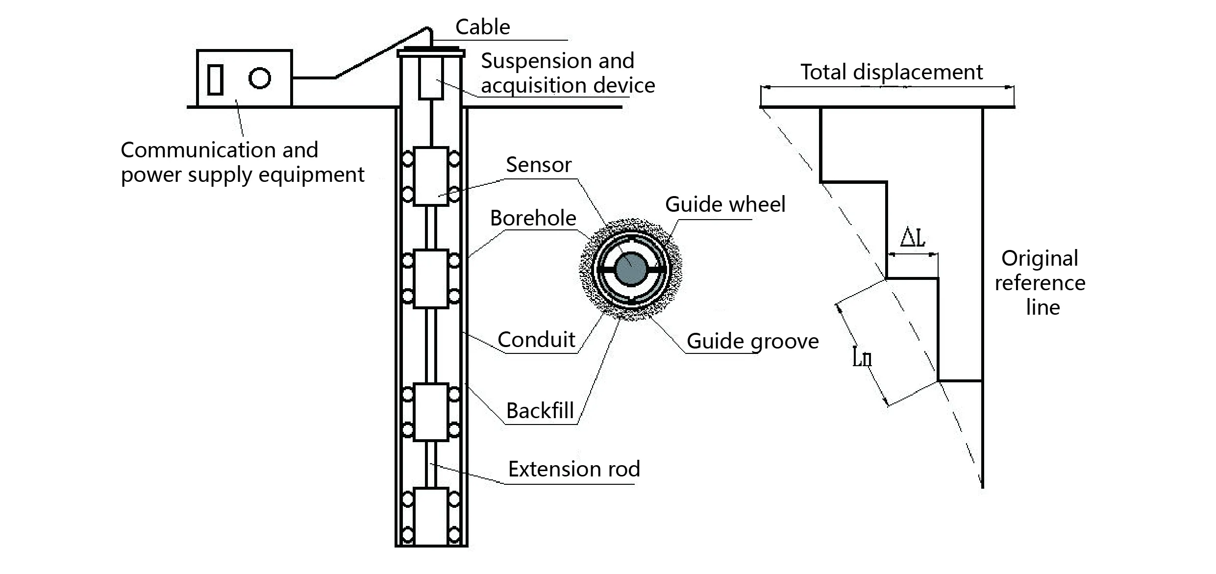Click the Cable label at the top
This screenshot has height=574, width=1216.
(x=482, y=27)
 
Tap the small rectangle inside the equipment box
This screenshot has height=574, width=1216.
(x=215, y=79)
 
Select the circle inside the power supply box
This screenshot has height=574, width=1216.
(x=259, y=78)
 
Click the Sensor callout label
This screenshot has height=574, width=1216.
(x=538, y=165)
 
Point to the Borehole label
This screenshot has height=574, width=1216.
(x=533, y=218)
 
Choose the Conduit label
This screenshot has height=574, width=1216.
(x=536, y=340)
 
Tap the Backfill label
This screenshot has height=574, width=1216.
(x=540, y=411)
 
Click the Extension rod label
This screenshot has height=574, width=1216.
(x=573, y=469)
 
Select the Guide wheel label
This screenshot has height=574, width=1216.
(x=725, y=204)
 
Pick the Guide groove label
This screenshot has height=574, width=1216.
(x=752, y=341)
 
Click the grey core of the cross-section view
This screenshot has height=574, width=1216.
(x=631, y=269)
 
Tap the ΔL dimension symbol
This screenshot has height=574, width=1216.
(x=913, y=238)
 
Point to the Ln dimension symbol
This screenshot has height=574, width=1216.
(x=862, y=357)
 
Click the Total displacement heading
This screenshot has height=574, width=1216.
(x=891, y=72)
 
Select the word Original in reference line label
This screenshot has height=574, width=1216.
(x=1040, y=258)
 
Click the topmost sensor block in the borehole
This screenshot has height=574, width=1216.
(x=431, y=176)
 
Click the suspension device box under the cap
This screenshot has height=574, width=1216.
(x=431, y=78)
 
